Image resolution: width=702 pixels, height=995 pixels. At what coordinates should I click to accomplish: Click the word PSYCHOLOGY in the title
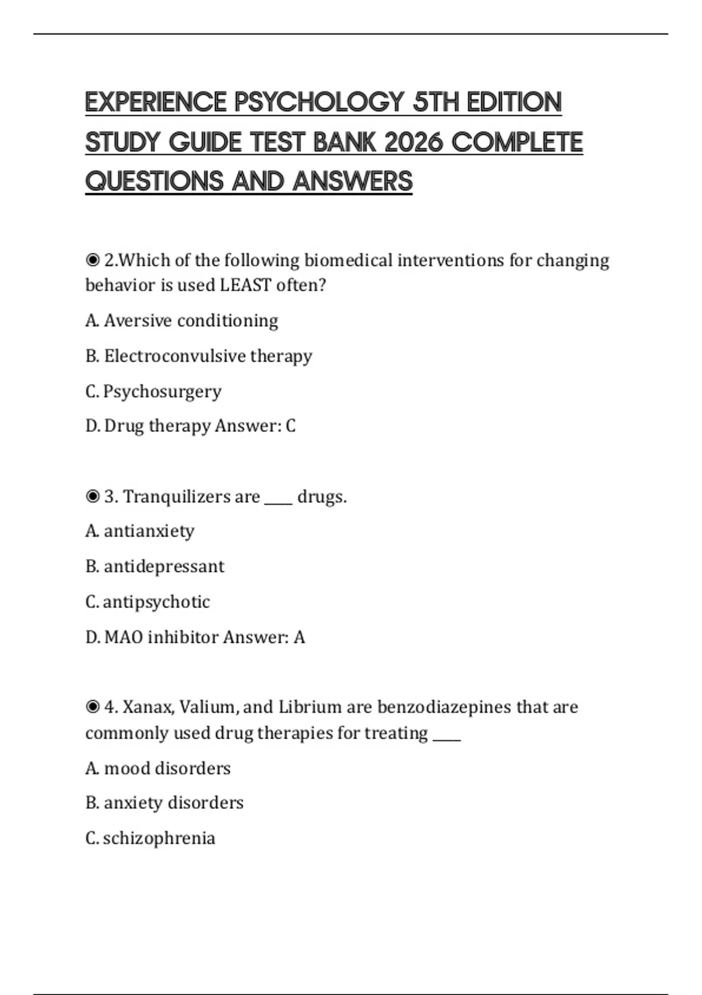click(319, 102)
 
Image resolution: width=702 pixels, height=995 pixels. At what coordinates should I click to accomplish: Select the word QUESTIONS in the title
click(154, 181)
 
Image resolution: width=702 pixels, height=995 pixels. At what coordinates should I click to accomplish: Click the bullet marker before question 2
click(92, 259)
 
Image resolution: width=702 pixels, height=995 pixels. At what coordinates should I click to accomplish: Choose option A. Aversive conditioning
click(181, 321)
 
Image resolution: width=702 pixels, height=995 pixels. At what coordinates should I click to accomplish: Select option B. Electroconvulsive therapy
click(198, 356)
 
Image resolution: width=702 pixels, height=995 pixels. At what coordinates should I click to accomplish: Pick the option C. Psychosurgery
click(153, 391)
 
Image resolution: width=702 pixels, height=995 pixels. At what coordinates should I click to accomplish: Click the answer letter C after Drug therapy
click(291, 426)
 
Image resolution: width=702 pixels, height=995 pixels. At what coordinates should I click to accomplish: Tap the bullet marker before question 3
click(92, 496)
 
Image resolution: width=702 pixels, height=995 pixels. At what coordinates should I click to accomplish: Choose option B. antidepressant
click(154, 567)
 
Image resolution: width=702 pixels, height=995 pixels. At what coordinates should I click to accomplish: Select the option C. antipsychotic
click(147, 602)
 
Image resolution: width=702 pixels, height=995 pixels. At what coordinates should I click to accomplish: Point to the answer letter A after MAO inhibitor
click(299, 637)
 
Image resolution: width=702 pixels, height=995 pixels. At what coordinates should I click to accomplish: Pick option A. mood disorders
click(158, 768)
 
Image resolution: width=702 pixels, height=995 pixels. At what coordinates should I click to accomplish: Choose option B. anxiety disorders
click(164, 802)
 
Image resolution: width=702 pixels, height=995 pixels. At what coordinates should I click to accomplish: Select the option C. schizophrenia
click(150, 838)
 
